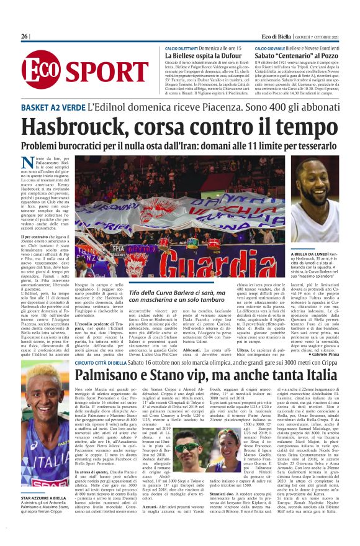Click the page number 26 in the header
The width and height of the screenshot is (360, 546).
point(24,37)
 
